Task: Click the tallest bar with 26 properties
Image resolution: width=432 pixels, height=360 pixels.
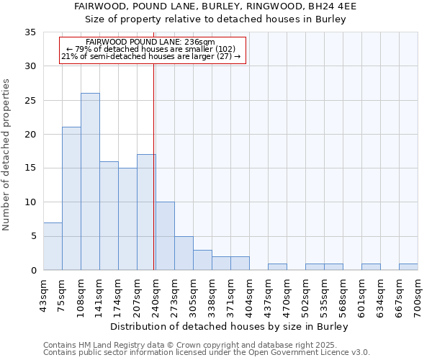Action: tap(90, 181)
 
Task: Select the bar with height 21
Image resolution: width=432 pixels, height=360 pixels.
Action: tap(71, 199)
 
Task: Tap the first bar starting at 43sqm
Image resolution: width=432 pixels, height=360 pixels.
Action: tap(53, 246)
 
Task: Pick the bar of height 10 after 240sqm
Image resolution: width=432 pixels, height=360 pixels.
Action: tap(165, 236)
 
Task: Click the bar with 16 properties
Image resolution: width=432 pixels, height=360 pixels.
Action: tap(109, 216)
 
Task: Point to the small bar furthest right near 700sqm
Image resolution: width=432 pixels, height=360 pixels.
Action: tap(408, 267)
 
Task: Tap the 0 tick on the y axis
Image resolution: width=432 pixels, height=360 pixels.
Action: tap(33, 271)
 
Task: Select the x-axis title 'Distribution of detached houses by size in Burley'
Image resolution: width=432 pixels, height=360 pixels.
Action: tap(230, 326)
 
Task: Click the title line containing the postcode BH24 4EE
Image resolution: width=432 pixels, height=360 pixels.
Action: tap(216, 6)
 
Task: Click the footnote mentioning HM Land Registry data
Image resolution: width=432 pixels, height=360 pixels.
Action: tap(194, 345)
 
